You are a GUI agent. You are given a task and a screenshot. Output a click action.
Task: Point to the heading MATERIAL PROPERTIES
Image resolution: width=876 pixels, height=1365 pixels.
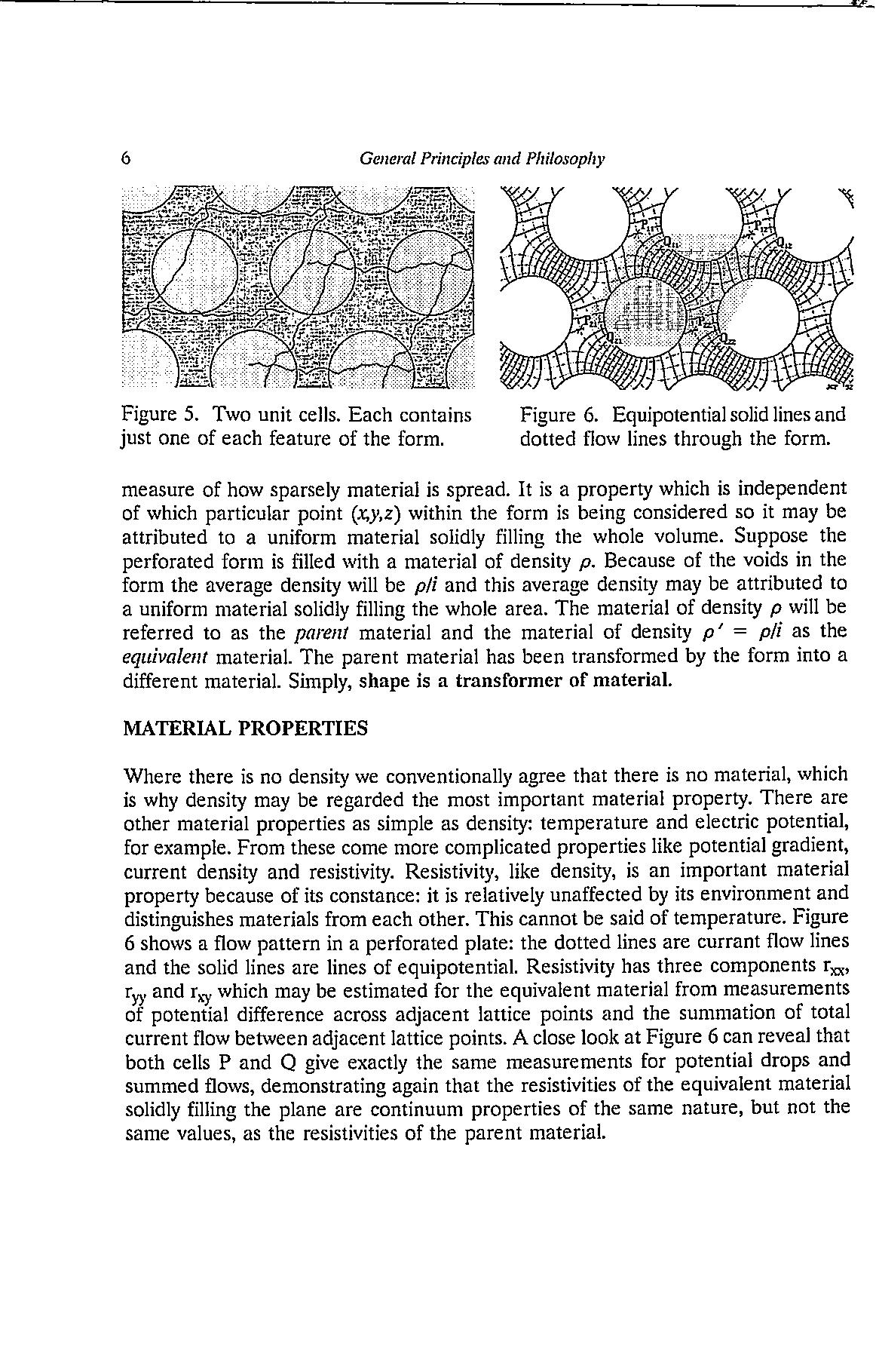pos(246,729)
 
